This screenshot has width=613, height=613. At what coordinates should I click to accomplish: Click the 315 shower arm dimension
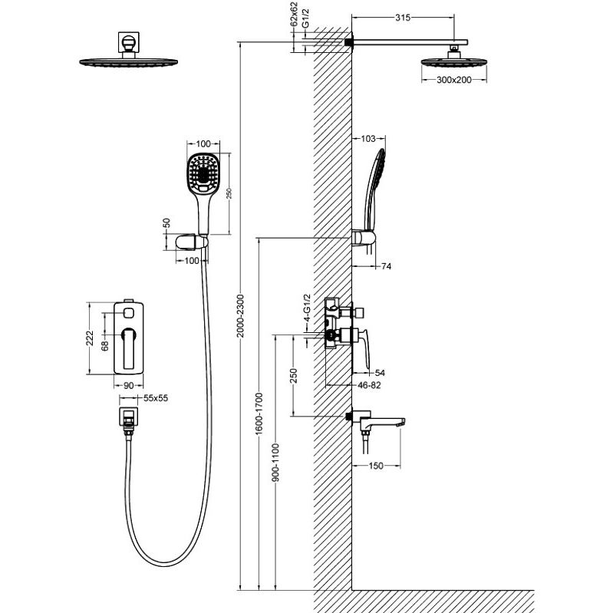coord(403,17)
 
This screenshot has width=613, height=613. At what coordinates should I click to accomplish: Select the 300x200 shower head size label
coord(454,80)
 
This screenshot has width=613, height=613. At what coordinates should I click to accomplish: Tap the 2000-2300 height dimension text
coord(240,315)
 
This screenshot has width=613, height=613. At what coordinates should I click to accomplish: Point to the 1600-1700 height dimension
coord(259,414)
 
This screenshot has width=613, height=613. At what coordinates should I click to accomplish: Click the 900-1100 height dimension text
coord(276,462)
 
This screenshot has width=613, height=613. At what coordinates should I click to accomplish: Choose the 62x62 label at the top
coord(294,14)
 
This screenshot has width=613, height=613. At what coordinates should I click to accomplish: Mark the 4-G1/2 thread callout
coord(308,308)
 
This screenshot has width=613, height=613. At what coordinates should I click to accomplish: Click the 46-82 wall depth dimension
coord(369,385)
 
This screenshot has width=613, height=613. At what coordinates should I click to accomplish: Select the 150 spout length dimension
coord(376,466)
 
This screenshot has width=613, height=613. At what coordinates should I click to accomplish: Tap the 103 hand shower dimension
coord(368,138)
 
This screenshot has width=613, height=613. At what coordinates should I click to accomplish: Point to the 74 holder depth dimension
coord(386,266)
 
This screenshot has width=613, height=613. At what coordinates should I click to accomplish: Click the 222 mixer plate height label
coord(90,338)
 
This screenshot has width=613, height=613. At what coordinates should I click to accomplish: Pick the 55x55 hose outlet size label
coord(156,398)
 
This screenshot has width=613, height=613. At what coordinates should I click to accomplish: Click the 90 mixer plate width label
coord(129,385)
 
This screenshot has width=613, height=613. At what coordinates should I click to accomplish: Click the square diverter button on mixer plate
coord(129,312)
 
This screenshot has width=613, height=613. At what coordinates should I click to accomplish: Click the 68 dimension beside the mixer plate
coord(105,346)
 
